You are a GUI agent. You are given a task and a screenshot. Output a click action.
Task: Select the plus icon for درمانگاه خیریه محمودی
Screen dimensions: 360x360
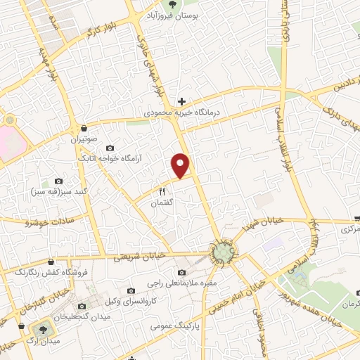(181, 101)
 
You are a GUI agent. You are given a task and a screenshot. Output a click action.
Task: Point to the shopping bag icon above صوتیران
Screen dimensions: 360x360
(84, 129)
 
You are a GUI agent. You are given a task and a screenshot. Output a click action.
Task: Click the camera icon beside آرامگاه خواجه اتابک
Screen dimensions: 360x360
(110, 148)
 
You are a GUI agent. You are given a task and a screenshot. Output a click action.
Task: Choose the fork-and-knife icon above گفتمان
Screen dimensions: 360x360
(162, 191)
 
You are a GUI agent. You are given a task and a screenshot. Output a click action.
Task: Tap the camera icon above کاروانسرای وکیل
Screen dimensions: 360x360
(131, 290)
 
